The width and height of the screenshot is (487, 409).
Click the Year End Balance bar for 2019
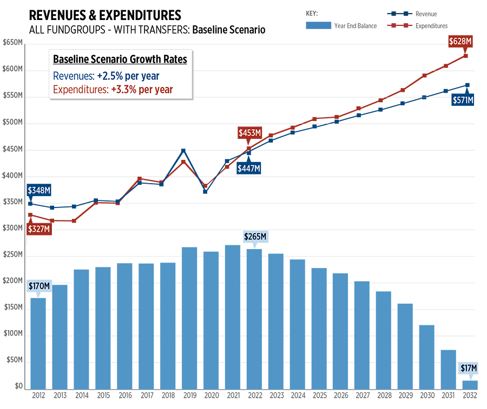(x=189, y=319)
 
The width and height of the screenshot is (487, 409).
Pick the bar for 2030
(x=426, y=357)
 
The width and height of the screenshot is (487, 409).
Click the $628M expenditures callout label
(x=460, y=41)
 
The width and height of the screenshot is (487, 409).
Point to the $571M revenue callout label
(x=463, y=100)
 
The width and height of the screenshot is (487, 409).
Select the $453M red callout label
(x=249, y=133)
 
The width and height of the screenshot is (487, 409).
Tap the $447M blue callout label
(x=248, y=169)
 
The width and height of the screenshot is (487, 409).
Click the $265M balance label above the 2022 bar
(x=255, y=237)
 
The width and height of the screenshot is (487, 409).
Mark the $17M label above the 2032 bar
(x=469, y=368)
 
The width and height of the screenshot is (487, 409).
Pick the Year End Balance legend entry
(x=341, y=25)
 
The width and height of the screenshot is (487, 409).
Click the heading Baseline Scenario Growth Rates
(x=120, y=59)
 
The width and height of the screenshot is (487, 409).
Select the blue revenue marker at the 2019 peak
(x=183, y=151)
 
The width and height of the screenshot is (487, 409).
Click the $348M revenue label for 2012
(x=38, y=190)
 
